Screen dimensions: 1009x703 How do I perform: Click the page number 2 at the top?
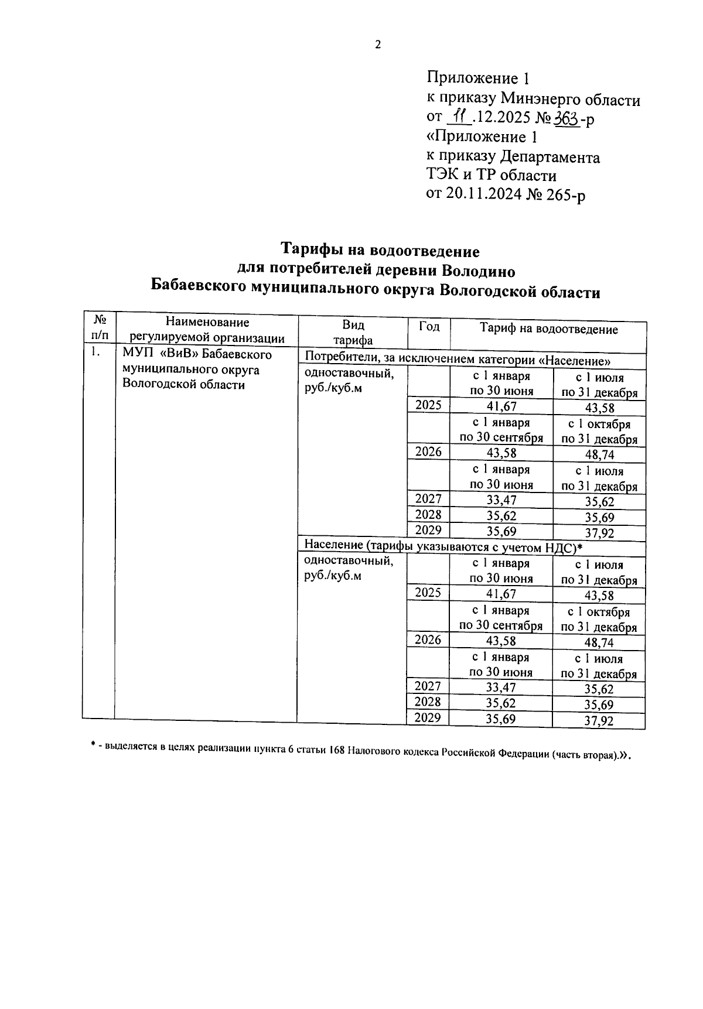tap(378, 45)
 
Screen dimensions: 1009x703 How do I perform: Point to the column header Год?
tap(429, 327)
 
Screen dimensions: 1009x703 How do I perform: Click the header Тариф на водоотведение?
tap(549, 329)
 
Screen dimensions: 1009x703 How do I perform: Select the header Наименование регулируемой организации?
tap(207, 330)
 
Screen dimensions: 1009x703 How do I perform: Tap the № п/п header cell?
tap(100, 328)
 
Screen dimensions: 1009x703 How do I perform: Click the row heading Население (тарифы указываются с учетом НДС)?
tap(443, 546)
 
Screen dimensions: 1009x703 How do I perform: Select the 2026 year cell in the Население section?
tap(428, 639)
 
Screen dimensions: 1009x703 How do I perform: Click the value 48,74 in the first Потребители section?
tap(599, 455)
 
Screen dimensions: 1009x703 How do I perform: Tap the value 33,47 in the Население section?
tap(500, 688)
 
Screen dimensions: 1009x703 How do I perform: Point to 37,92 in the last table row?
tap(598, 721)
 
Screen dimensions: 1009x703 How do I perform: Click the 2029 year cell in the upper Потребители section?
tap(428, 530)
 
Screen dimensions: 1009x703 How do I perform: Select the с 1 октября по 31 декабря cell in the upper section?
tap(599, 432)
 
